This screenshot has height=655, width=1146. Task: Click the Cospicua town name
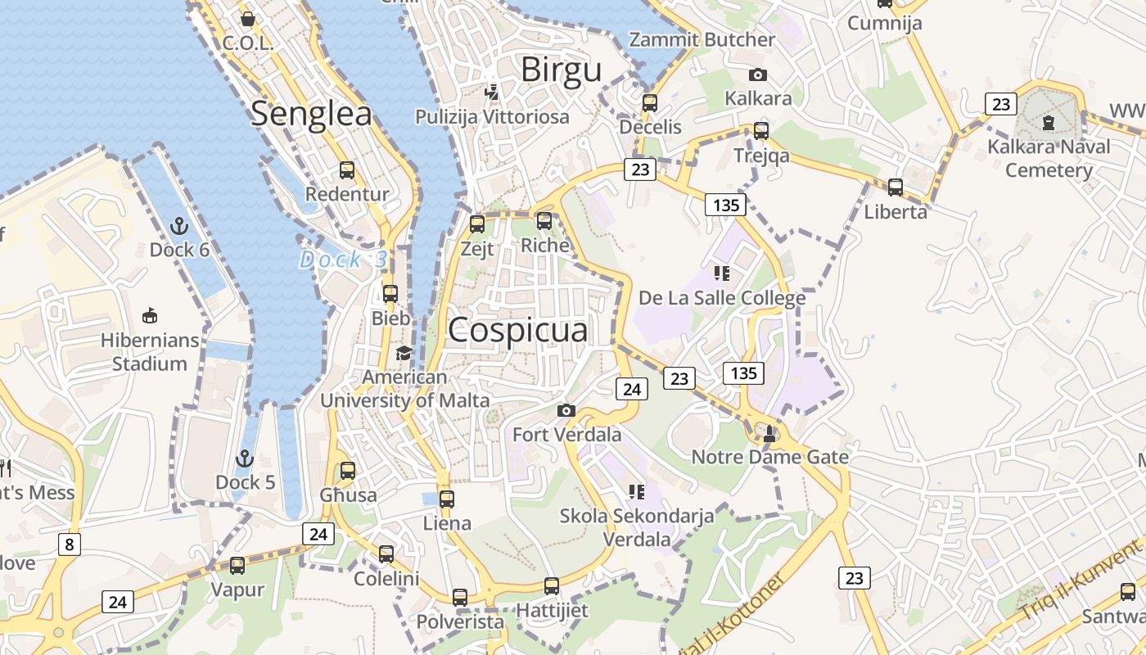[517, 330]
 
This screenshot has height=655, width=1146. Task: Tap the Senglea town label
[311, 114]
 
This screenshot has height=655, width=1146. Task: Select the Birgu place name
[562, 70]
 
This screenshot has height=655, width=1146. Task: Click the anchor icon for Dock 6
[178, 225]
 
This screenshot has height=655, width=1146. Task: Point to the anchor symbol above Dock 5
[245, 458]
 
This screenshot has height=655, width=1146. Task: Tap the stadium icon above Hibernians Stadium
[150, 315]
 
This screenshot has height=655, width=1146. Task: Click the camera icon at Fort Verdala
[566, 410]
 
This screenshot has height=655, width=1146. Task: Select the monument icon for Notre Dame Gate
[769, 433]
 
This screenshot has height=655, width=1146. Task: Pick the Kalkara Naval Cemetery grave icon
[1049, 124]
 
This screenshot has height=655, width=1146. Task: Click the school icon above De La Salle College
[721, 273]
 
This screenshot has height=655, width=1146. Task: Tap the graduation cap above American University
[404, 353]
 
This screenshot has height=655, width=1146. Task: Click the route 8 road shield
[69, 544]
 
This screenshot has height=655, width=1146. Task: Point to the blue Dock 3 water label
[343, 260]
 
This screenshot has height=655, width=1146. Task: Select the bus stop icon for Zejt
[477, 224]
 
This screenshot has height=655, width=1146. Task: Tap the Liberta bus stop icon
[896, 187]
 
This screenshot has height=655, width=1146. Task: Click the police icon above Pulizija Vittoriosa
[491, 92]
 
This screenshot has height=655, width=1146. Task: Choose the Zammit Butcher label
[702, 39]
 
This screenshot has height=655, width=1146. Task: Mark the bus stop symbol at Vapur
[237, 565]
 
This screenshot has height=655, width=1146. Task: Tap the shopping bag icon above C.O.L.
[247, 18]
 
